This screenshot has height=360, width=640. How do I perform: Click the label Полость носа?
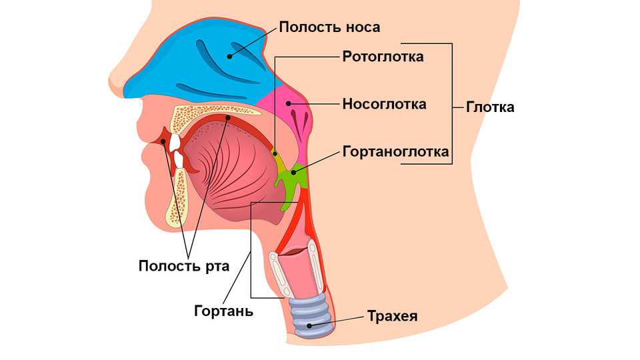329,27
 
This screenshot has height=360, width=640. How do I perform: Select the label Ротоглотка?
383,57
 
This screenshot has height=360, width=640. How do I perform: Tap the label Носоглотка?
384,104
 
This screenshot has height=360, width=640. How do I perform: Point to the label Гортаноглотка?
395,152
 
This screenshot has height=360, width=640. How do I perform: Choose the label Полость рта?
184,267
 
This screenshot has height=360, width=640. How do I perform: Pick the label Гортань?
224,311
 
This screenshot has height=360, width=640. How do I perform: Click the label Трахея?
392,316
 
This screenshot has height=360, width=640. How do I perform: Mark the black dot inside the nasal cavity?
231,55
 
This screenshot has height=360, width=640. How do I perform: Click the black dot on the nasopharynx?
289,103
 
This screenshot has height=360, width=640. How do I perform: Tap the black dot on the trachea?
308,326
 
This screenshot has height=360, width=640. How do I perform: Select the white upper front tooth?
175,141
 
